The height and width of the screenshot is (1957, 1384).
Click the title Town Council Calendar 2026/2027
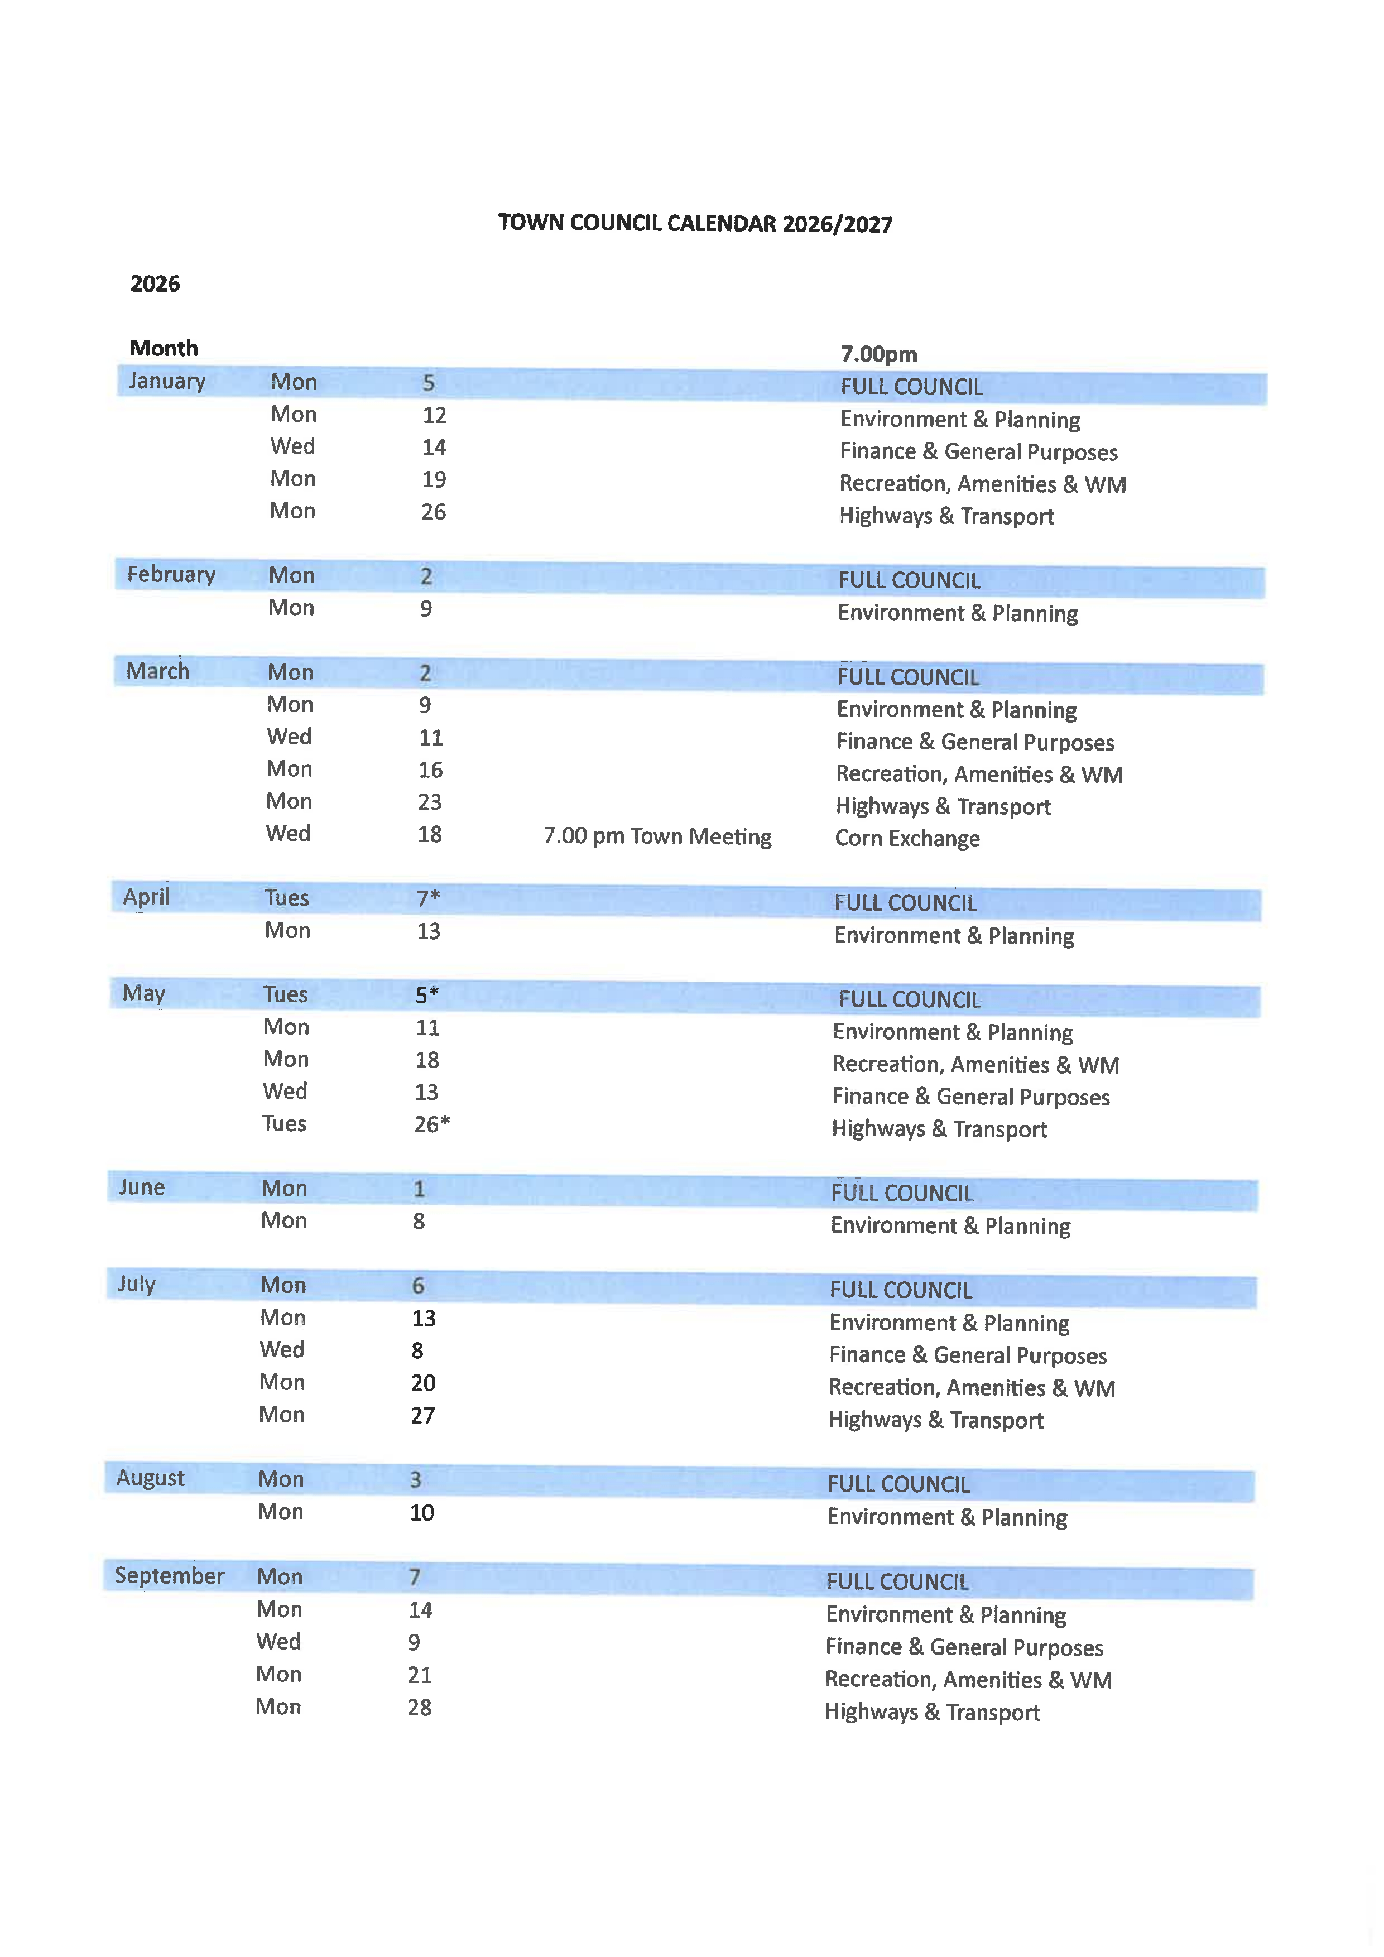pos(695,223)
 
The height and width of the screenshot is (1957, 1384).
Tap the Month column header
pos(164,348)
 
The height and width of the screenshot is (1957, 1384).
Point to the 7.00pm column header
pos(878,354)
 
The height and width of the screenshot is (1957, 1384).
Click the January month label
pos(167,381)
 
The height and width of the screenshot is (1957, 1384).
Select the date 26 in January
pos(433,511)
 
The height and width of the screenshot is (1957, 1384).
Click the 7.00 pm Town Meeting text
pos(657,836)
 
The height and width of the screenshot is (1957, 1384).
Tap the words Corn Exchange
pos(907,839)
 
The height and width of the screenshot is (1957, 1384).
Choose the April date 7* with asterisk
pos(428,897)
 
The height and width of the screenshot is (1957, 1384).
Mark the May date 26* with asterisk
pos(431,1124)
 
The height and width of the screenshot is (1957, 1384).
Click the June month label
pos(141,1187)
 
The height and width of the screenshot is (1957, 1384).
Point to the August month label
pos(150,1478)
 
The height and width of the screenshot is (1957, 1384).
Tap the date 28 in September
pos(419,1707)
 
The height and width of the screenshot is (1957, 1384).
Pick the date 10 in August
pos(422,1513)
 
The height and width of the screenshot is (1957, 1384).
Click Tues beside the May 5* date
pos(286,995)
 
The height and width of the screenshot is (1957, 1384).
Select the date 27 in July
pos(422,1416)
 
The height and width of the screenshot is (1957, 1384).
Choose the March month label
pos(158,671)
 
